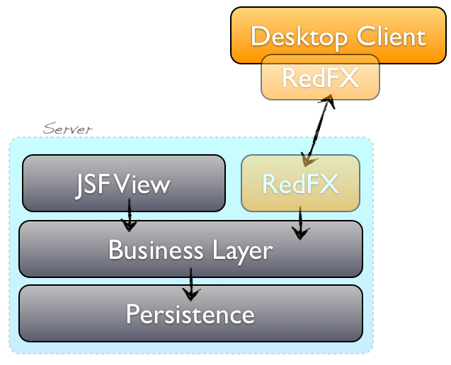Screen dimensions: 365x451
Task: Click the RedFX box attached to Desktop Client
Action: pyautogui.click(x=320, y=78)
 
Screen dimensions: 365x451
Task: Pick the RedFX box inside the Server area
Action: pyautogui.click(x=300, y=183)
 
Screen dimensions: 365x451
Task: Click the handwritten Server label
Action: pyautogui.click(x=68, y=129)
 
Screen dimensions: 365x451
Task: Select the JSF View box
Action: pyautogui.click(x=124, y=183)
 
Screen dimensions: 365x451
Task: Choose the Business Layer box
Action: pyautogui.click(x=190, y=249)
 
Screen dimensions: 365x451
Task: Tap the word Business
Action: pyautogui.click(x=148, y=250)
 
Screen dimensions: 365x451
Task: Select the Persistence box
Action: pyautogui.click(x=190, y=313)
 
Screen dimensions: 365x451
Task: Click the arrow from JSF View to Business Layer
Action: pyautogui.click(x=129, y=215)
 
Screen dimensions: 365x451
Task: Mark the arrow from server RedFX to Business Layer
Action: pyautogui.click(x=300, y=222)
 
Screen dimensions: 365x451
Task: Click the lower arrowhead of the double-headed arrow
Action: pyautogui.click(x=307, y=158)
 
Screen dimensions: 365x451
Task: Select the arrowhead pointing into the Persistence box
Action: pyautogui.click(x=190, y=293)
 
